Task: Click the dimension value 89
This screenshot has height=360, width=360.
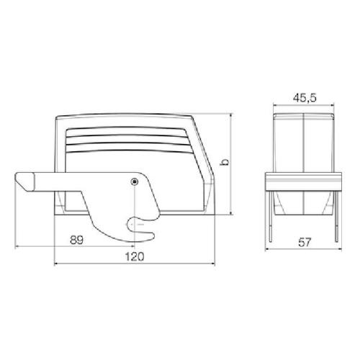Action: coord(76,240)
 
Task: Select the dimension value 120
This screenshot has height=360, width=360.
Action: coord(135,256)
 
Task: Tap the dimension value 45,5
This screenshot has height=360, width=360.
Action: coord(305,98)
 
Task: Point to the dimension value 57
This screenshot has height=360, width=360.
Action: coord(305,243)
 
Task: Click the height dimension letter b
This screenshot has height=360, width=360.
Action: coord(225,162)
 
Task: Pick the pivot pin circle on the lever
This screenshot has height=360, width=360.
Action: coord(135,181)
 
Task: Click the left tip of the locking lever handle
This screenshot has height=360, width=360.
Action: coord(15,179)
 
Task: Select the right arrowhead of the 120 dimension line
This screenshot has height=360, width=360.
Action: coord(212,264)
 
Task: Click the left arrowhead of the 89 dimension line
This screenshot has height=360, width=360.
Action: coord(17,246)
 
